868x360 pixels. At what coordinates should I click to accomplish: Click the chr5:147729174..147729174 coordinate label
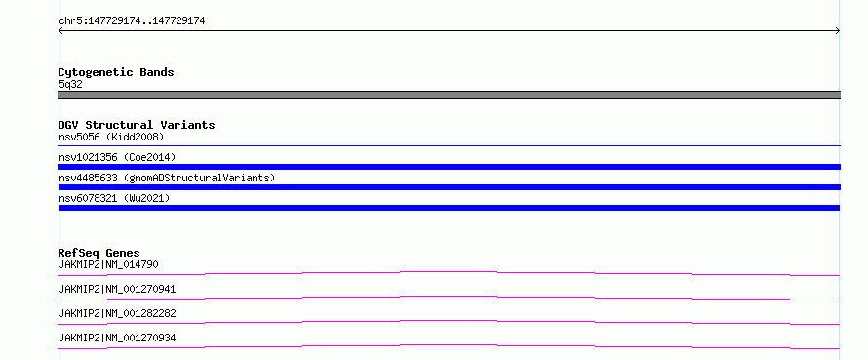coord(132,21)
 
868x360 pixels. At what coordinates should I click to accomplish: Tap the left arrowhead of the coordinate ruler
coord(59,31)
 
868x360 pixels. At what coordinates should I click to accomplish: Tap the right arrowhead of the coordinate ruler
coord(838,31)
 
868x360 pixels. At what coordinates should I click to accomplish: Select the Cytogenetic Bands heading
coord(116,72)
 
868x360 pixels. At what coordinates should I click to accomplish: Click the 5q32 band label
coord(70,85)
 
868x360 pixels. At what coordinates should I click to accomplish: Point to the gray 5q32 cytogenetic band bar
coord(449,95)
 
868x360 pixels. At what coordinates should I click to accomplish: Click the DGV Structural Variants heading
coord(137,125)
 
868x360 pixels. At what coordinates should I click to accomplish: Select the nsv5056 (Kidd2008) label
coord(111,137)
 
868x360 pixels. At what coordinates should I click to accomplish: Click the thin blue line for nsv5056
coord(449,145)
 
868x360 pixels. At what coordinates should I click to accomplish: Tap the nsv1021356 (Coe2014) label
coord(117,157)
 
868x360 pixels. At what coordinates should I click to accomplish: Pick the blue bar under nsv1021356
coord(449,167)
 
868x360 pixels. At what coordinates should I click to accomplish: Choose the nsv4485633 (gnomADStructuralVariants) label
coord(167,178)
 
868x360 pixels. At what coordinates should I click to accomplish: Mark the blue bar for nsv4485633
coord(449,187)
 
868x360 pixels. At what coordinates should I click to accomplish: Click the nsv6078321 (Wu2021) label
coord(114,198)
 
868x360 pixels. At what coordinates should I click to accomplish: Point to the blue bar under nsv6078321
coord(449,208)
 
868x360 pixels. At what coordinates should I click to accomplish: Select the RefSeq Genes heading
coord(99,253)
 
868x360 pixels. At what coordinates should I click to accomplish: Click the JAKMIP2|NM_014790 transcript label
coord(108,264)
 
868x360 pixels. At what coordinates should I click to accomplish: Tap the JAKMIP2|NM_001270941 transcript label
coord(117,289)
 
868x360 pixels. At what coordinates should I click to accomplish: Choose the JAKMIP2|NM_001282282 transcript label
coord(117,313)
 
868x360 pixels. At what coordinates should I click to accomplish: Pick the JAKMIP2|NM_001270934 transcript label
coord(117,338)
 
